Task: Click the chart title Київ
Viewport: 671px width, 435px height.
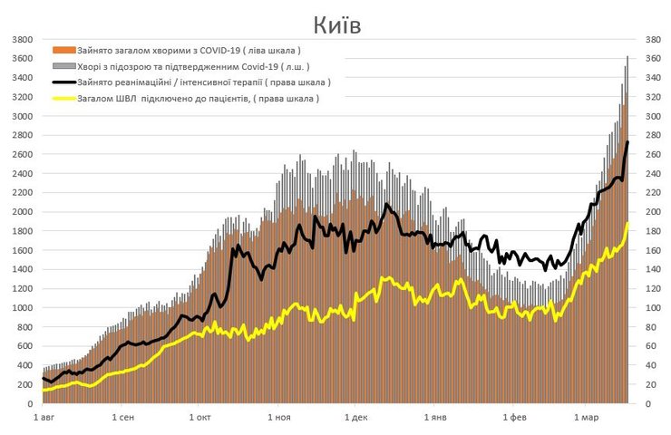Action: point(336,24)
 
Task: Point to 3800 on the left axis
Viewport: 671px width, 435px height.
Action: point(23,40)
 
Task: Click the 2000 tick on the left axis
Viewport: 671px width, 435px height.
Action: point(23,212)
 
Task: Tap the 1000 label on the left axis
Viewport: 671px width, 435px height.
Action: point(23,308)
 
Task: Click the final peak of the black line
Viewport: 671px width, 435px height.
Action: point(627,142)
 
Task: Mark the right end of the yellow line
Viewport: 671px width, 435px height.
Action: point(627,223)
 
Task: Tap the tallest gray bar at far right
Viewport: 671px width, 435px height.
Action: point(627,57)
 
